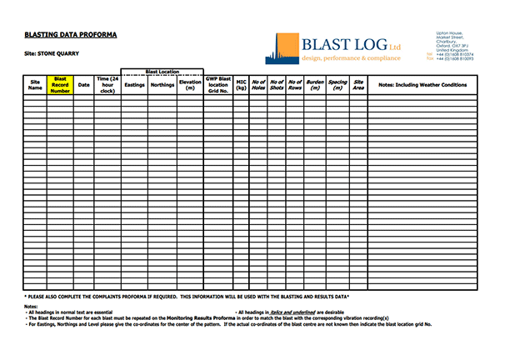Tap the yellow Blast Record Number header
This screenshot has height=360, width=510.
pos(60,85)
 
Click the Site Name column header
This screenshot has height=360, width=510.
pos(35,85)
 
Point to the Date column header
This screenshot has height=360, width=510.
pos(83,85)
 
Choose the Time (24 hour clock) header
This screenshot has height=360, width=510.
pos(107,85)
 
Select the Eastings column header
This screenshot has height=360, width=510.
pos(134,85)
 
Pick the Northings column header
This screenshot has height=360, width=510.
pos(162,85)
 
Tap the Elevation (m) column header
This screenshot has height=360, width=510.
pos(190,85)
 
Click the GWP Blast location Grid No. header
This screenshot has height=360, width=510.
pos(218,85)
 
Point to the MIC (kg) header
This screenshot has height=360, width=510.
pos(242,85)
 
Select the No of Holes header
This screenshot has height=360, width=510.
pos(258,85)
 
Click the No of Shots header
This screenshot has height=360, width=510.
pos(277,85)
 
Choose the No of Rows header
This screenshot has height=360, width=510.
pos(295,85)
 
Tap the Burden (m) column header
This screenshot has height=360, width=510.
pos(315,85)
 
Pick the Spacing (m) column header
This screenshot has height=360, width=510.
pos(337,85)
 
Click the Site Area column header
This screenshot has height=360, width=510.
pos(358,85)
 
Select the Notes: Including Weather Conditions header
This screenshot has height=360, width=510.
pos(422,85)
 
